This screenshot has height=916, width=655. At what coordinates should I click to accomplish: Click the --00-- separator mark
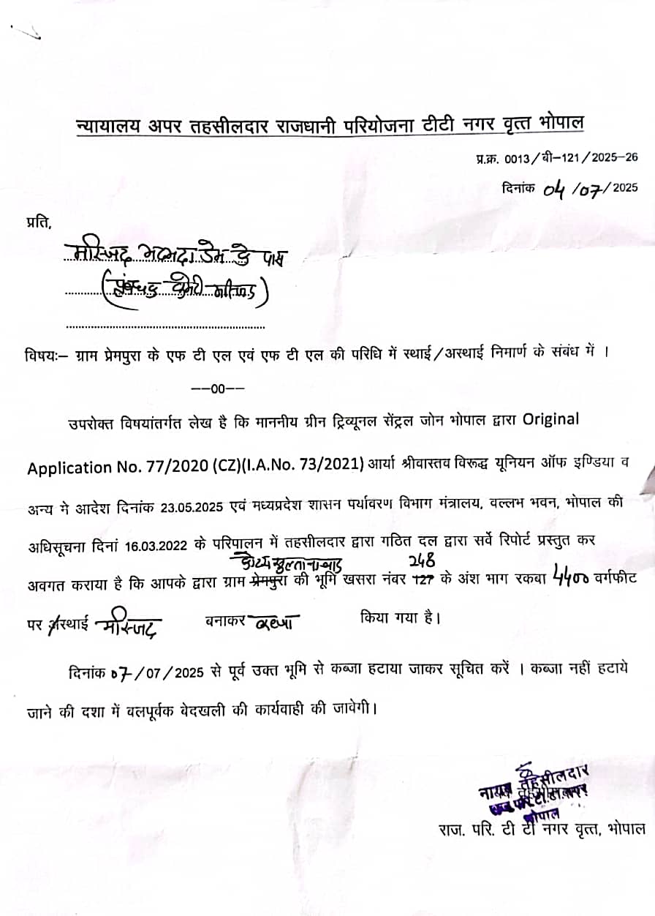point(217,388)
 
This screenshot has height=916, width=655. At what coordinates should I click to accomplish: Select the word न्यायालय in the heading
point(105,127)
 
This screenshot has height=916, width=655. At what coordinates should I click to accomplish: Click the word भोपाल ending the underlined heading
point(563,121)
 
